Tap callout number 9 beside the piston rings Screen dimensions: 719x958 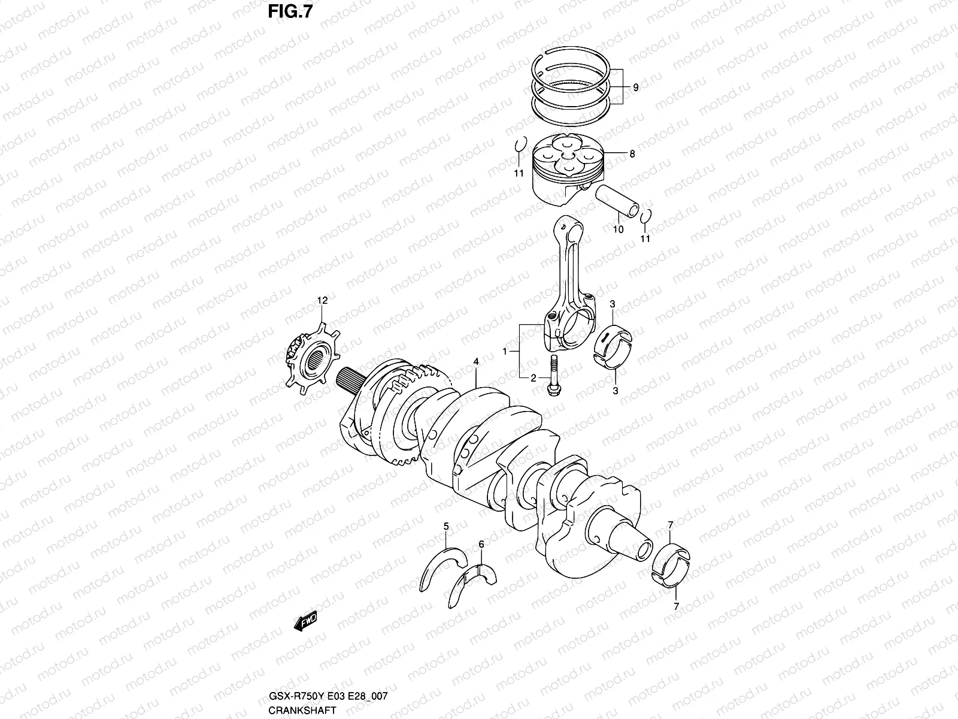click(635, 87)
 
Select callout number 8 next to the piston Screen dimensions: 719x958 click(632, 154)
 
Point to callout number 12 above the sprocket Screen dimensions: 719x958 click(323, 301)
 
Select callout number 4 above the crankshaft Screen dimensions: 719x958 click(476, 362)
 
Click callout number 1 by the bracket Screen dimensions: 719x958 click(505, 351)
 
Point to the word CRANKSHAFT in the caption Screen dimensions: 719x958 click(293, 709)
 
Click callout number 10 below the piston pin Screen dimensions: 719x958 click(619, 229)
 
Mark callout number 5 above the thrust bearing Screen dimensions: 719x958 click(446, 527)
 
